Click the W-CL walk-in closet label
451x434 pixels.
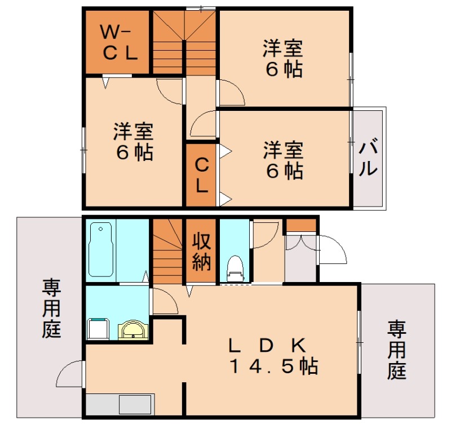[x=118, y=42]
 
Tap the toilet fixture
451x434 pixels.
[x=234, y=268]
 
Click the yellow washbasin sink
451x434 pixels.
[x=133, y=329]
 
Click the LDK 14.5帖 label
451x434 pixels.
[x=273, y=356]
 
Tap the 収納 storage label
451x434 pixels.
[x=201, y=252]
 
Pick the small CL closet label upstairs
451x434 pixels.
[x=201, y=175]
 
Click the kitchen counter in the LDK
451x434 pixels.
[x=120, y=405]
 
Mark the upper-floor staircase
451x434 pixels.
[x=184, y=42]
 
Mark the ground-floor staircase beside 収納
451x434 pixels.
[x=168, y=252]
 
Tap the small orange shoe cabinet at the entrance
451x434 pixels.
[x=301, y=225]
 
